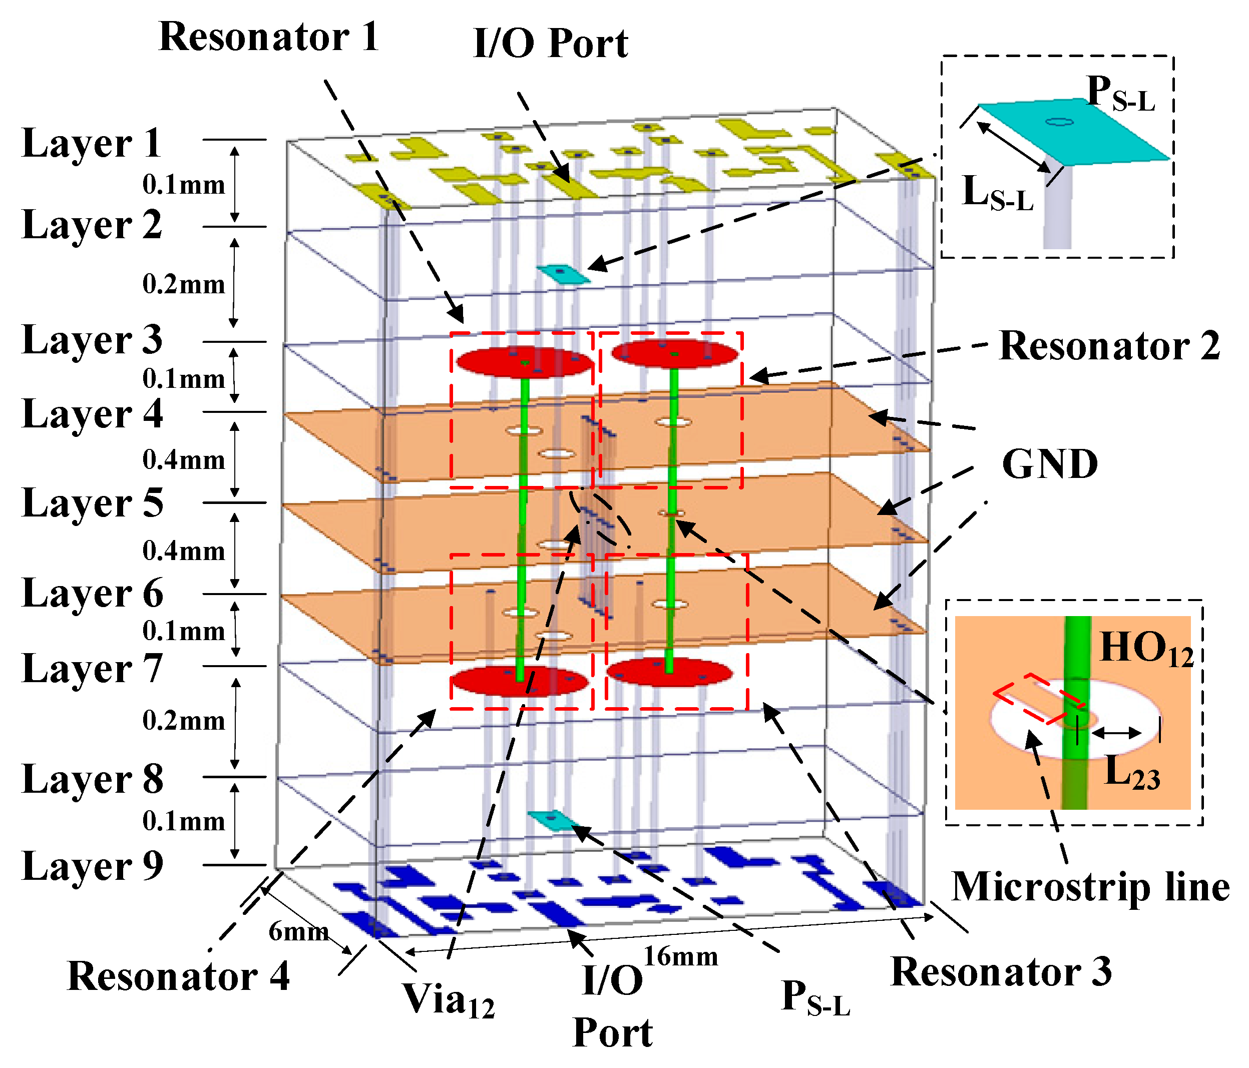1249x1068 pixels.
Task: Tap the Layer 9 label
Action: coord(92,866)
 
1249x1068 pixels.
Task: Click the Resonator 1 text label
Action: coord(269,38)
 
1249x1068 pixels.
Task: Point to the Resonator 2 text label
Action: coord(1110,346)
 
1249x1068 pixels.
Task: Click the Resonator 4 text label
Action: coord(178,976)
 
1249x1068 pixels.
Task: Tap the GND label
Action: coord(1049,465)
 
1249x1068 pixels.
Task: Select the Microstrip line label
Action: coord(1090,888)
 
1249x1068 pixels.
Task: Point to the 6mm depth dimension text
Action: coord(298,932)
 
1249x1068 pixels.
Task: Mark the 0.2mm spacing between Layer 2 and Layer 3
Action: coord(183,284)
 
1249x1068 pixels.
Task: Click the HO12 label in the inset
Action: coord(1146,649)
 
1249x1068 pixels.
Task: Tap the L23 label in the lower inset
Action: coord(1132,772)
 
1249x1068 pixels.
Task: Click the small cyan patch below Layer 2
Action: coord(564,273)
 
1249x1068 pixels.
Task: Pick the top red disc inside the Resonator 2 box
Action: coord(674,354)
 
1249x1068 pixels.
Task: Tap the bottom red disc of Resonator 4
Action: coord(520,681)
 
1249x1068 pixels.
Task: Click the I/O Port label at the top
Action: coord(551,44)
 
